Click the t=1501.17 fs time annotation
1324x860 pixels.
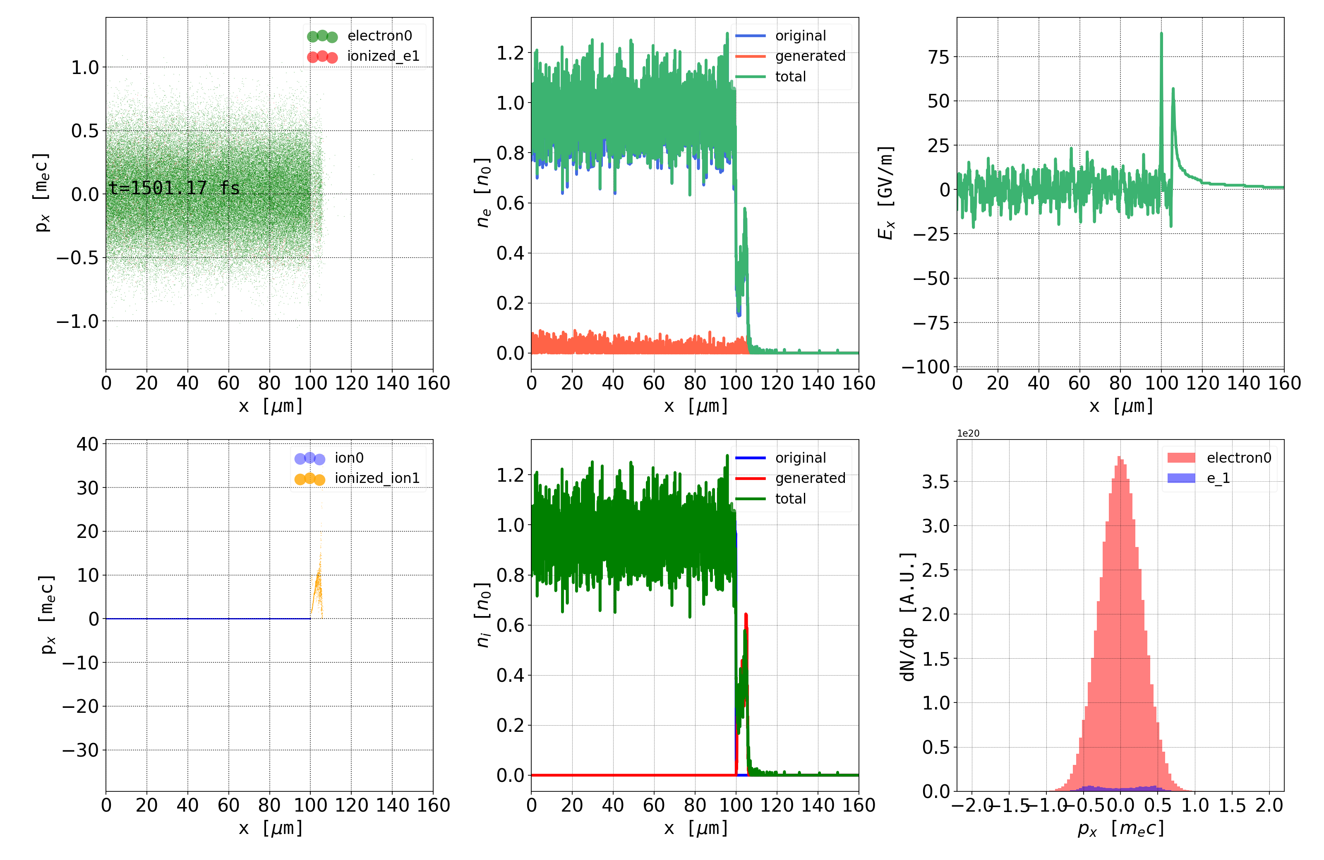point(174,188)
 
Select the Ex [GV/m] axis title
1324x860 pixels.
point(886,192)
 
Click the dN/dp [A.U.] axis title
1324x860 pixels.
point(907,616)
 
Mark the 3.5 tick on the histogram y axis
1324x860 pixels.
point(936,481)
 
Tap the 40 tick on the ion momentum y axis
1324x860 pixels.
point(87,444)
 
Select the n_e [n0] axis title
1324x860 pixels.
point(483,192)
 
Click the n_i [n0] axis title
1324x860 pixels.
point(483,615)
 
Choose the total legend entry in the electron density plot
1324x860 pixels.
point(790,77)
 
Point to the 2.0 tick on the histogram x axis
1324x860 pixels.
point(1269,805)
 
